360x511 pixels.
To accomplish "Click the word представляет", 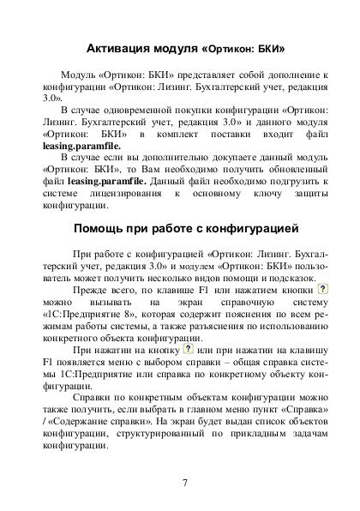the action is [179, 75].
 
